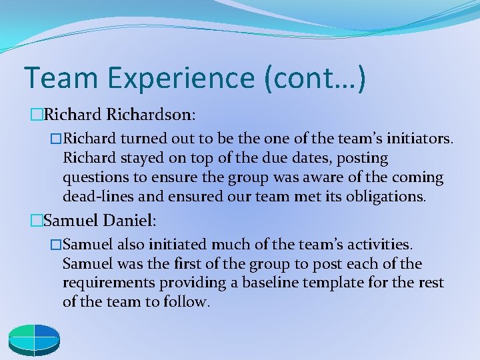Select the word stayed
tap(138, 159)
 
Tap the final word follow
tap(189, 302)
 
